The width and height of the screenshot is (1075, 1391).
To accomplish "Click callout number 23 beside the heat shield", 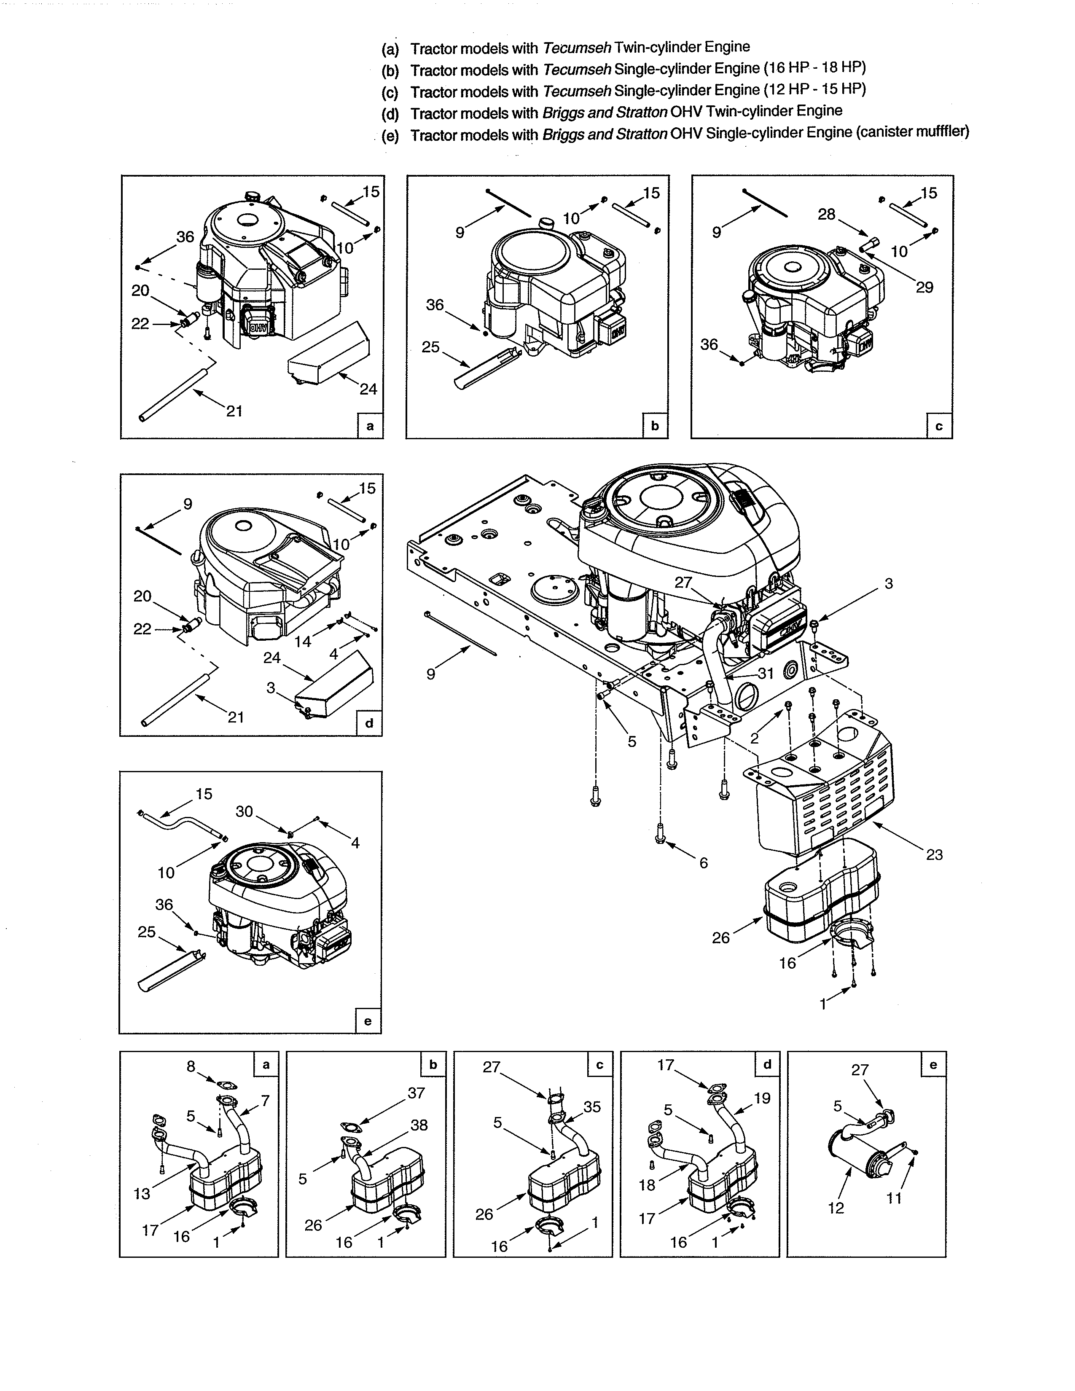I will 934,855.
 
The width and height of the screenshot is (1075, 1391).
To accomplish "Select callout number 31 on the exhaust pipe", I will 766,673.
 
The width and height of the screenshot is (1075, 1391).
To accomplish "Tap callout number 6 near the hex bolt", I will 703,862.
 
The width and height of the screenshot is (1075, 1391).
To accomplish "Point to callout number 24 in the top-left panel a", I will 368,389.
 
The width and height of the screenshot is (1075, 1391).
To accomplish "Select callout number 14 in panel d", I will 303,642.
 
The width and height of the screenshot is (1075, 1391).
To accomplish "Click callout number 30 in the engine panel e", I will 244,811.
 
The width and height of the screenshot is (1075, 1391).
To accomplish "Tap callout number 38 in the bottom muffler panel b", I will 419,1125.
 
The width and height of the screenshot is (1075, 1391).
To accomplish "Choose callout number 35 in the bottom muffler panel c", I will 591,1106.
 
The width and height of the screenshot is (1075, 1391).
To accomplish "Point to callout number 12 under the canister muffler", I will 836,1208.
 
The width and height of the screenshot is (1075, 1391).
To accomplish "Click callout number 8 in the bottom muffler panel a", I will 191,1066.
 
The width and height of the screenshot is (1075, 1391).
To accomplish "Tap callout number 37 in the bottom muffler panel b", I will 416,1093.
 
